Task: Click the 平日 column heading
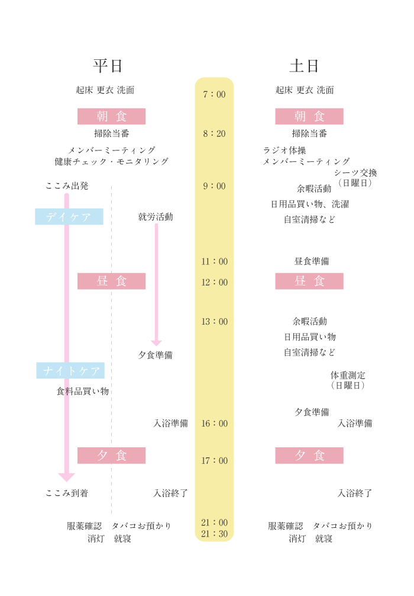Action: pyautogui.click(x=108, y=66)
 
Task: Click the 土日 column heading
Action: pyautogui.click(x=305, y=66)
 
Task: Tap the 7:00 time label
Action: pyautogui.click(x=214, y=94)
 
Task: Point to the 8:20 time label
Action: pyautogui.click(x=214, y=133)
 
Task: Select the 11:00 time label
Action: pyautogui.click(x=214, y=261)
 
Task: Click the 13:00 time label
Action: pyautogui.click(x=214, y=322)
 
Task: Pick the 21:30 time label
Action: pyautogui.click(x=214, y=534)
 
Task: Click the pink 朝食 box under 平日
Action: pyautogui.click(x=112, y=116)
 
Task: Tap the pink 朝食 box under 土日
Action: pyautogui.click(x=309, y=116)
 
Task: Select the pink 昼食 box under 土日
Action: pyautogui.click(x=309, y=281)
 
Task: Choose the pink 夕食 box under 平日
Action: pyautogui.click(x=112, y=455)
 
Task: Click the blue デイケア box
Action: pyautogui.click(x=69, y=217)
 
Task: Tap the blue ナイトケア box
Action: pyautogui.click(x=70, y=370)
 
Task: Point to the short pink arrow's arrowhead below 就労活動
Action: pyautogui.click(x=156, y=342)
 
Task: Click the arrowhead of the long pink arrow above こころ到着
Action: pyautogui.click(x=67, y=477)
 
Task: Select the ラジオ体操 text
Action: pyautogui.click(x=284, y=150)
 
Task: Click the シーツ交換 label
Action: pyautogui.click(x=355, y=173)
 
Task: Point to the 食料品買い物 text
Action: pyautogui.click(x=83, y=391)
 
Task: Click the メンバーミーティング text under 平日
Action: pyautogui.click(x=112, y=150)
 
